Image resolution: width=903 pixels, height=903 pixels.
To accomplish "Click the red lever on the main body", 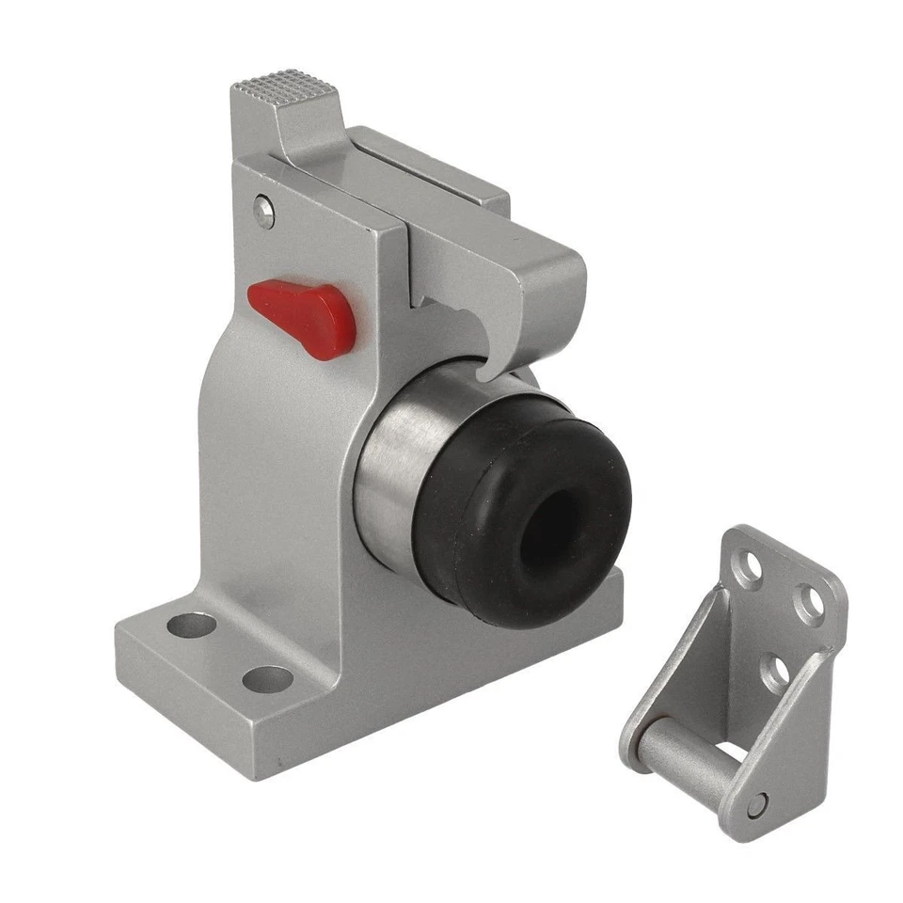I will click(303, 310).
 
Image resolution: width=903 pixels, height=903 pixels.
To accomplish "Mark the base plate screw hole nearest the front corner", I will click(267, 680).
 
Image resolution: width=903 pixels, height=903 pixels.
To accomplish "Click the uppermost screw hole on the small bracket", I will click(749, 570).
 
